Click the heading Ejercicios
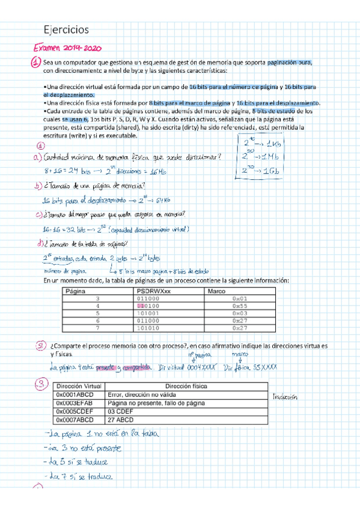[67, 29]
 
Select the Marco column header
[216, 291]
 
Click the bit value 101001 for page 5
[148, 313]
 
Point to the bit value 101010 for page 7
[148, 328]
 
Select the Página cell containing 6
[97, 321]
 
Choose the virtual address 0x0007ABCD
[76, 420]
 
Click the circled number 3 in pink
[40, 384]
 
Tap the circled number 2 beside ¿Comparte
[40, 346]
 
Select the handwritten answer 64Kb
[163, 200]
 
